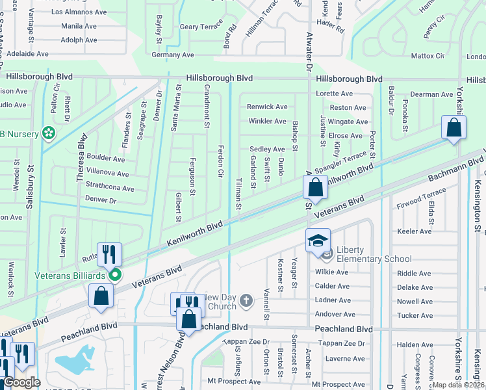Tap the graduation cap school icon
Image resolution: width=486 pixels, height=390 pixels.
[318, 241]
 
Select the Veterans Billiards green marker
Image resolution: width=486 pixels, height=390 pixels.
[115, 275]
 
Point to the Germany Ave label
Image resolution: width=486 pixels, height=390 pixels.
[173, 55]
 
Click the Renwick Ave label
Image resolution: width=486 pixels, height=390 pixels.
[266, 107]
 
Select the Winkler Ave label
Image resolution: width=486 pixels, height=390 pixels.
[267, 121]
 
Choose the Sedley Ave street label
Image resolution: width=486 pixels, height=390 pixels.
[267, 149]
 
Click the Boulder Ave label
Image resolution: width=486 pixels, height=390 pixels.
[105, 159]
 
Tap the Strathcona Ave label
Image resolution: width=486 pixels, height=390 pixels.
[110, 188]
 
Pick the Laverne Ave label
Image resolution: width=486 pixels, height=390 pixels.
[345, 358]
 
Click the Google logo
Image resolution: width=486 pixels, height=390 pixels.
[21, 382]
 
